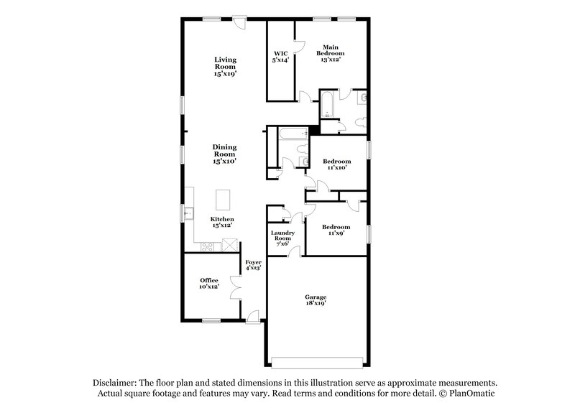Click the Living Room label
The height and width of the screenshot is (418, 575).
pyautogui.click(x=225, y=66)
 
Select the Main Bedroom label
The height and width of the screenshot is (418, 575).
pyautogui.click(x=331, y=53)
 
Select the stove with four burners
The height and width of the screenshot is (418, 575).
pyautogui.click(x=207, y=248)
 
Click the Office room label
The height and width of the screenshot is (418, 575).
pyautogui.click(x=209, y=283)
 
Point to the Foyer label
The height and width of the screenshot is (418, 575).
pyautogui.click(x=252, y=266)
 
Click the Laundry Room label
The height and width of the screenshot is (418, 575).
pyautogui.click(x=281, y=238)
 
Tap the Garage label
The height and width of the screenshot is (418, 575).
pyautogui.click(x=316, y=300)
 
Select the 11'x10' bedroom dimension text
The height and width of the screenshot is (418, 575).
pyautogui.click(x=336, y=167)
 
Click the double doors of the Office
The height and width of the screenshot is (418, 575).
pyautogui.click(x=236, y=286)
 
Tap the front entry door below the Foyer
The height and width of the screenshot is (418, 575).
pyautogui.click(x=252, y=315)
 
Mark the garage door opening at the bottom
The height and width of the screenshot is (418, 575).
pyautogui.click(x=316, y=359)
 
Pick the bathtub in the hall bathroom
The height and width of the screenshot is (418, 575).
pyautogui.click(x=290, y=133)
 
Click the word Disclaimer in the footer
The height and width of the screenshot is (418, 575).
pyautogui.click(x=116, y=384)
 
